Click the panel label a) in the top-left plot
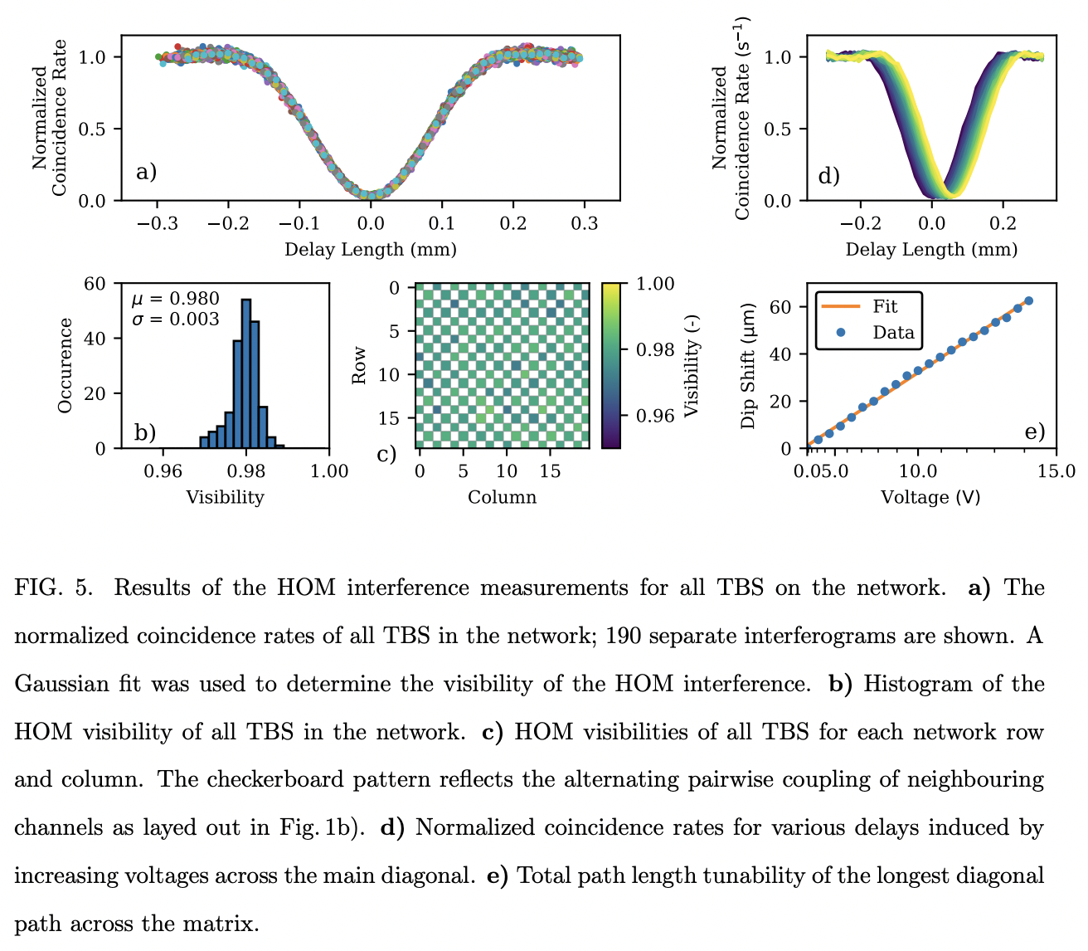tap(146, 173)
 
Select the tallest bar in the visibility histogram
tap(246, 373)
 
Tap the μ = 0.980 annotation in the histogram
tap(176, 299)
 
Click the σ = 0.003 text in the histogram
tap(176, 319)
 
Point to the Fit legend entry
tap(885, 306)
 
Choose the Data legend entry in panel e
tap(892, 333)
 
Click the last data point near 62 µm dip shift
tap(1028, 301)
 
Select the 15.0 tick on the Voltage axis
tap(1056, 471)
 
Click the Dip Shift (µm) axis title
tap(749, 365)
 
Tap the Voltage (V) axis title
tap(930, 497)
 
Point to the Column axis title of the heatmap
tap(502, 497)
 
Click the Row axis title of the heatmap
tap(359, 366)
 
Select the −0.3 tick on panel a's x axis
tap(157, 224)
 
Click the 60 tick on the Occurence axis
tap(96, 284)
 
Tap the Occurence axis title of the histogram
tap(66, 365)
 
